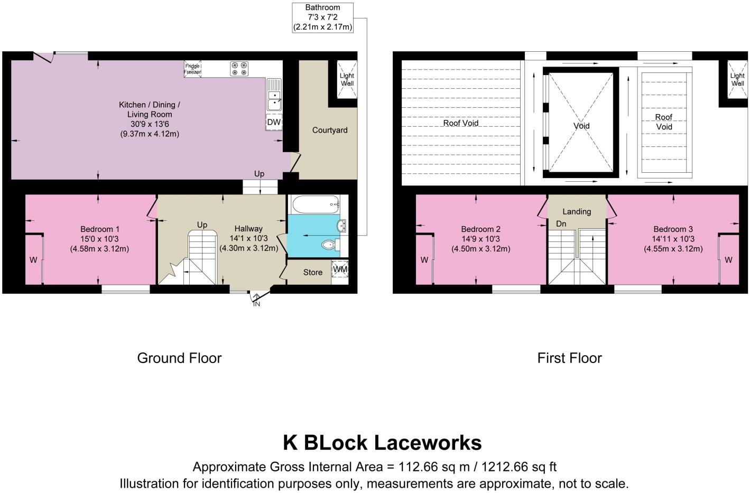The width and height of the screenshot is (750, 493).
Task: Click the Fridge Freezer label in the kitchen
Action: (192, 69)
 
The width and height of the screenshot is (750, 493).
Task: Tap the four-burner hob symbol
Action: (239, 69)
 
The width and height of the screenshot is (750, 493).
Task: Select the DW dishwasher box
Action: (274, 122)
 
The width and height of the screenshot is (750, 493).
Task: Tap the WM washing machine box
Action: (340, 270)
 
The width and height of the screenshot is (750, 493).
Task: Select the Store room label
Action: (312, 272)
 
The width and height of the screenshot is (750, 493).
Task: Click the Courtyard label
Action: (330, 130)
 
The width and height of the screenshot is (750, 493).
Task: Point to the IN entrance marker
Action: (256, 304)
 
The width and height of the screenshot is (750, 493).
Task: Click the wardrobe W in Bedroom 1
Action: (33, 260)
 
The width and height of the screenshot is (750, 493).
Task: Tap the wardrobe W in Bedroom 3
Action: (728, 260)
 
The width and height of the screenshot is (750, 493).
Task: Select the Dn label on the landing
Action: (561, 224)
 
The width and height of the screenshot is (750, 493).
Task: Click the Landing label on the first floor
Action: (577, 211)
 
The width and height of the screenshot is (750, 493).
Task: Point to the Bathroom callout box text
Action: (322, 17)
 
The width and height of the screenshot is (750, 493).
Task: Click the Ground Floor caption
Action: (179, 358)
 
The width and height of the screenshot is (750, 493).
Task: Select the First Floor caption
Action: (569, 358)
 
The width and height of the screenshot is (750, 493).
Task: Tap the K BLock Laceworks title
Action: (382, 442)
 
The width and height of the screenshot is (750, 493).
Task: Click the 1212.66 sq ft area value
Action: (516, 467)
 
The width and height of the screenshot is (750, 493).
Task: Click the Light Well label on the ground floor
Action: (347, 79)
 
